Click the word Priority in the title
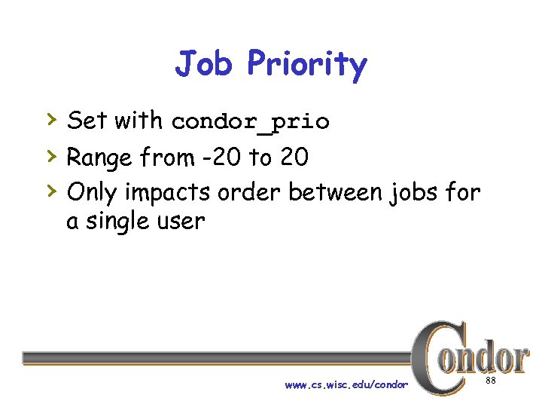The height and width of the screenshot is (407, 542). (x=306, y=66)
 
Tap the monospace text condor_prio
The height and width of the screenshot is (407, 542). (x=250, y=122)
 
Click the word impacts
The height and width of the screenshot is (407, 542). (x=169, y=194)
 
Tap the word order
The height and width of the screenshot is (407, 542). (x=249, y=193)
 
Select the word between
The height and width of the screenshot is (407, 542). (x=336, y=193)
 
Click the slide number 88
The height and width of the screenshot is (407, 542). (x=490, y=381)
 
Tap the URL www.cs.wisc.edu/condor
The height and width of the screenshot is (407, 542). (x=346, y=385)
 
